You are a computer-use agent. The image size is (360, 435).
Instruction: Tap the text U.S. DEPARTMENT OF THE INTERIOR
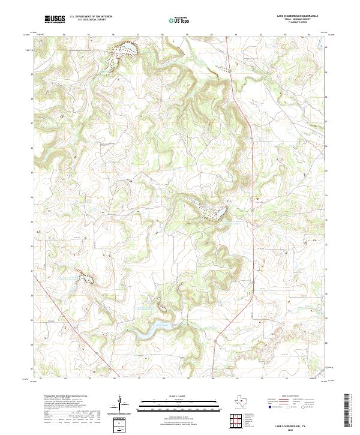(91, 17)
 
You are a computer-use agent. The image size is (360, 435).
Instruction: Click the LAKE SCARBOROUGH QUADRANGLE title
(298, 17)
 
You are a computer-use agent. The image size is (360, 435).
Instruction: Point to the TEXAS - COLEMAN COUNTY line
(298, 20)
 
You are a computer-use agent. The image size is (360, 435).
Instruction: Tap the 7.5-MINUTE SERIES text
(298, 23)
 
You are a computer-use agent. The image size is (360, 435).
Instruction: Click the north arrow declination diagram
(121, 404)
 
